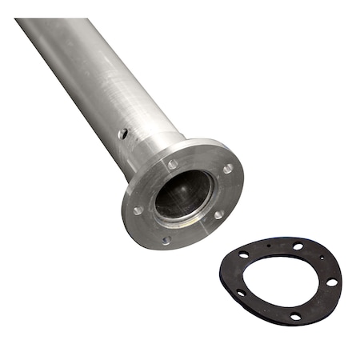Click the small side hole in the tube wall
[x=122, y=134]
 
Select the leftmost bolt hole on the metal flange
[x=138, y=210]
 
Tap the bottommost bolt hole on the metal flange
[x=166, y=239]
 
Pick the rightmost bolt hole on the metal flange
[x=228, y=169]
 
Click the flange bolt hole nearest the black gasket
[x=218, y=214]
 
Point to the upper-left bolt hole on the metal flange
[x=172, y=164]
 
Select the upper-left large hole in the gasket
[x=243, y=255]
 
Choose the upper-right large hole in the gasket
[x=298, y=246]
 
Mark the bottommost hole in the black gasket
[x=295, y=317]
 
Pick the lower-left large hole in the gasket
[x=241, y=293]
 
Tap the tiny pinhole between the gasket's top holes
[x=270, y=245]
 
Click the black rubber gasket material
[x=232, y=276]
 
